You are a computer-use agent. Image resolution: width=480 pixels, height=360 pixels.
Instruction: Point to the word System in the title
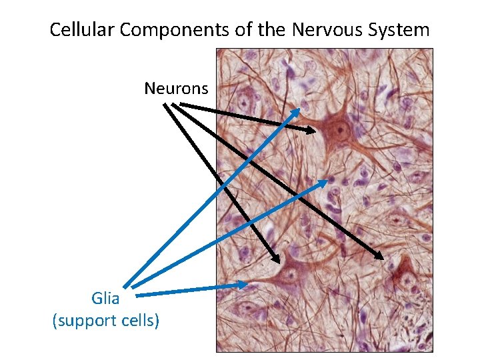click(401, 30)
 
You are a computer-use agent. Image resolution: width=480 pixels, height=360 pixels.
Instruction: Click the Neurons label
click(176, 88)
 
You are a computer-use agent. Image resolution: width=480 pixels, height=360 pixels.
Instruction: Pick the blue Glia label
click(105, 299)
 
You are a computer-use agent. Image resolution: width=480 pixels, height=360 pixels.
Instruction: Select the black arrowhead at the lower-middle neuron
click(275, 257)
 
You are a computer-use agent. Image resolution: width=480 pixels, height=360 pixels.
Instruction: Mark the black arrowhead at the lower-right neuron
click(380, 256)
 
